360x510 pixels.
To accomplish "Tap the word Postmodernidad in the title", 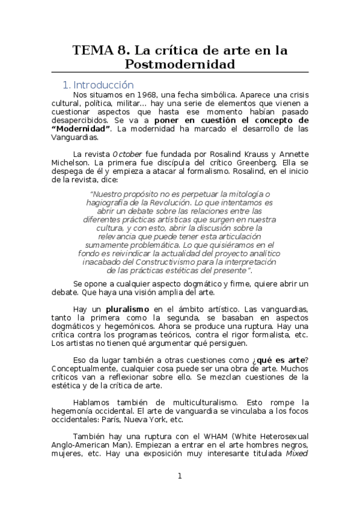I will (x=180, y=64).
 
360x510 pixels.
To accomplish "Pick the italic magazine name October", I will (x=127, y=153).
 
